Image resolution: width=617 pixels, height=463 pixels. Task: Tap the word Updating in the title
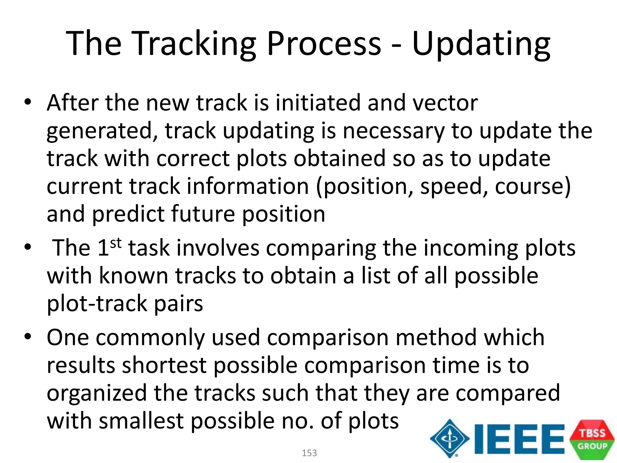481,44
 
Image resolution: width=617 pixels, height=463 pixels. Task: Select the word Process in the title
324,44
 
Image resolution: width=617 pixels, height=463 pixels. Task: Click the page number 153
309,453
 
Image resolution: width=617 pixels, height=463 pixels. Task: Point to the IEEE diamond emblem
449,439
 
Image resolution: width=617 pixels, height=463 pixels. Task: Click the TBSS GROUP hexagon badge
592,439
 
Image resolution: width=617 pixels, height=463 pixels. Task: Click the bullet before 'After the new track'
28,102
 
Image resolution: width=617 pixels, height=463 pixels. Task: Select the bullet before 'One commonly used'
28,337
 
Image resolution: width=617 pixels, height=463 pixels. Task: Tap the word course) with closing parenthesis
533,187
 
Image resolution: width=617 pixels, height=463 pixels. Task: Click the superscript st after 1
116,243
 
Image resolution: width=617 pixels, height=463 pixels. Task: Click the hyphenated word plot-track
97,304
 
